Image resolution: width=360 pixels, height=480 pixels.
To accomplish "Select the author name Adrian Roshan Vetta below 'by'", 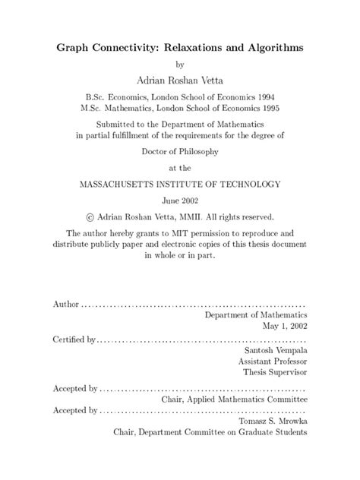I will coord(179,77).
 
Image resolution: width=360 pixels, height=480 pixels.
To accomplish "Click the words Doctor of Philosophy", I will coord(179,151).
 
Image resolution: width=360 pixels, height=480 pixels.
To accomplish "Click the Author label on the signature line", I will coord(65,304).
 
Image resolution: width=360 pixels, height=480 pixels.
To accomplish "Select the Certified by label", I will coord(74,339).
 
